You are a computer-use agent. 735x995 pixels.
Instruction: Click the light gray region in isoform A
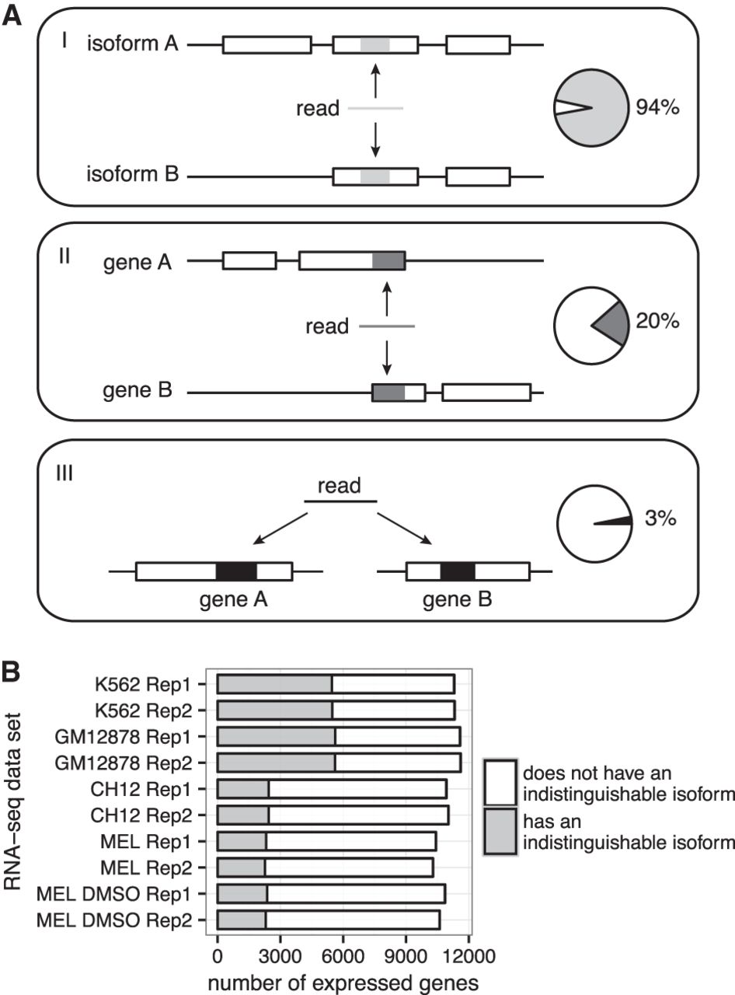[x=374, y=45]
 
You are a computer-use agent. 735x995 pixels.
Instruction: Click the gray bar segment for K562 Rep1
[x=274, y=685]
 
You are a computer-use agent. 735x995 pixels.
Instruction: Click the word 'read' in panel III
[x=340, y=487]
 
